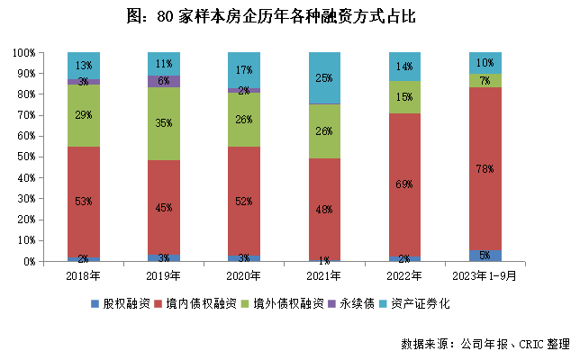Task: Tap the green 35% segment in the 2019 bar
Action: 164,123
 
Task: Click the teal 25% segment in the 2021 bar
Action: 325,77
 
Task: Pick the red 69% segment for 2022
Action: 405,184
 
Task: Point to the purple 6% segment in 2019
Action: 164,81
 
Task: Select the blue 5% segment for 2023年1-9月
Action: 485,256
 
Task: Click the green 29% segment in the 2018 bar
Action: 84,116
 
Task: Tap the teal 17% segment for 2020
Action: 244,69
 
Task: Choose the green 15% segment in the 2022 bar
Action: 405,97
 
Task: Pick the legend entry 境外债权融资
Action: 285,303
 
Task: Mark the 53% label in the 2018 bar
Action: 84,201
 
